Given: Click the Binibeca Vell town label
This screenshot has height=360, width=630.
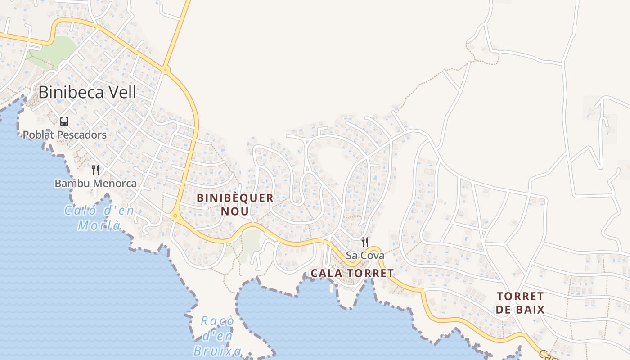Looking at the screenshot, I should (87, 92).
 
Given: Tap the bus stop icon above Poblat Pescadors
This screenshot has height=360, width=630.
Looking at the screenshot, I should (64, 121).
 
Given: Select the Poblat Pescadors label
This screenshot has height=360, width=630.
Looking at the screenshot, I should (65, 135).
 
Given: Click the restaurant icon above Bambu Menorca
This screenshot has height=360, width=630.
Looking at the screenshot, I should (95, 170).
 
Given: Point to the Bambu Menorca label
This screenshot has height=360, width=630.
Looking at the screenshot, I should (95, 184).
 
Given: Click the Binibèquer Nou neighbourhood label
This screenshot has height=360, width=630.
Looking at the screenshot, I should (235, 204).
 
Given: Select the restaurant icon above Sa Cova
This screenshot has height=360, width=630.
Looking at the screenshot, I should (365, 242).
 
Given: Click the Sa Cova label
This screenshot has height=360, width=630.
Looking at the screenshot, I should (365, 256).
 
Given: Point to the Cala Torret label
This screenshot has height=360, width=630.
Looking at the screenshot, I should (352, 273).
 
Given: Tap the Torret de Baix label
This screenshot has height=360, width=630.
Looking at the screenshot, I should (521, 302).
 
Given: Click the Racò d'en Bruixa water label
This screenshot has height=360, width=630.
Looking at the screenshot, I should (218, 336).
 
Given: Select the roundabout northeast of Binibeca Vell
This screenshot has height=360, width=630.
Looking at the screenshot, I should (166, 69).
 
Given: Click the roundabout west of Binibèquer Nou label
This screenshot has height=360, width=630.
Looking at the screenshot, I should (175, 216).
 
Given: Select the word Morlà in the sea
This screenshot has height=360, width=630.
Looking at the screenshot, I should (99, 225).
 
